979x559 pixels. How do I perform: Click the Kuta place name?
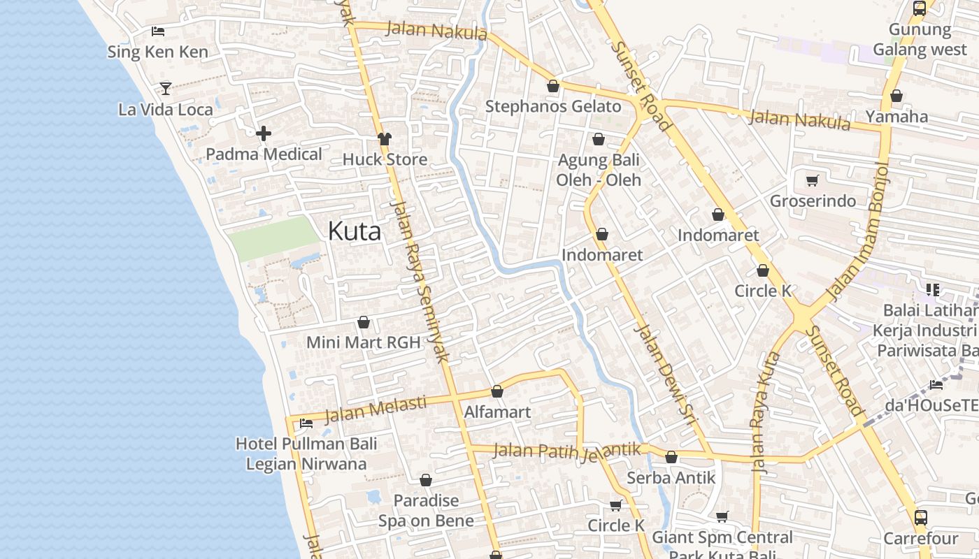tap(355, 231)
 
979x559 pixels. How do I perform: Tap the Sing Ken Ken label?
tap(157, 52)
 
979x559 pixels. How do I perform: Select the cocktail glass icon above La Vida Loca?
tap(166, 88)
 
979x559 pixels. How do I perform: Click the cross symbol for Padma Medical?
tap(264, 133)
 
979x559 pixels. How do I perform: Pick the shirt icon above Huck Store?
tap(384, 138)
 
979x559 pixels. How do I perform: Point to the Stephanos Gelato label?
tap(553, 106)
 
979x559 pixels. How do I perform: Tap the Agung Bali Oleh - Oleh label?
tap(598, 170)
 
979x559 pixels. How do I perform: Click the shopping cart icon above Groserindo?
tap(812, 181)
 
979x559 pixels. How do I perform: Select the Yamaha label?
tap(896, 117)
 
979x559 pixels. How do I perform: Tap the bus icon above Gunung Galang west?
tap(920, 8)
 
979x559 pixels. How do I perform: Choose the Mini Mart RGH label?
tap(364, 342)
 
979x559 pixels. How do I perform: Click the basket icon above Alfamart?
tap(497, 391)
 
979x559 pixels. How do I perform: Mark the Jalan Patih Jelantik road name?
tap(567, 451)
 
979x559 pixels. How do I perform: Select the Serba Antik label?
tap(671, 478)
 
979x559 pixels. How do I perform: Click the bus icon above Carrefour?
tap(920, 518)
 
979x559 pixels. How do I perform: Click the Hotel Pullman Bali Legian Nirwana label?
tap(306, 453)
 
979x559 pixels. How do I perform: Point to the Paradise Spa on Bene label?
tap(426, 510)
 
